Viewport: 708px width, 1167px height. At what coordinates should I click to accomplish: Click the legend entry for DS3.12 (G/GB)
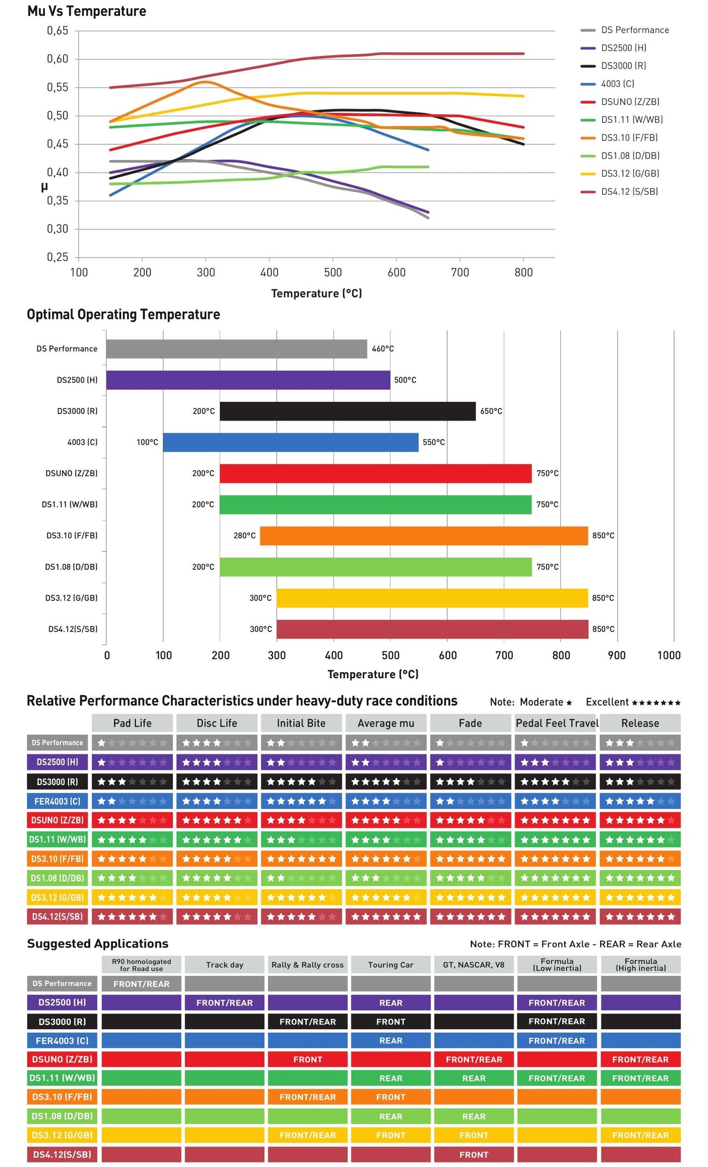629,174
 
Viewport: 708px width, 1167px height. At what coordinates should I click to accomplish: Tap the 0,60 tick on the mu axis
58,59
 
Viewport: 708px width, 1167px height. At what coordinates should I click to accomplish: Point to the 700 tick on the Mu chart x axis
460,272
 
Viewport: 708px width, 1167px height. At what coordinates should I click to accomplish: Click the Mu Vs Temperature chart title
87,11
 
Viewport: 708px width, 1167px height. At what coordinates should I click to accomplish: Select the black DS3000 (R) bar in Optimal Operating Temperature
347,411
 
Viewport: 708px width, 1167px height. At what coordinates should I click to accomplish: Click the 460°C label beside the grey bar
383,349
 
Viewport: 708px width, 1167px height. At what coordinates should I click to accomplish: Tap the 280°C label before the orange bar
244,536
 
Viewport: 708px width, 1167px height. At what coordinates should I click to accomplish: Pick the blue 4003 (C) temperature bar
290,442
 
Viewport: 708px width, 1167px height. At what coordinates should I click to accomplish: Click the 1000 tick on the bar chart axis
668,656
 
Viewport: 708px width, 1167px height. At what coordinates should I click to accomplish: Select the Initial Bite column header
301,723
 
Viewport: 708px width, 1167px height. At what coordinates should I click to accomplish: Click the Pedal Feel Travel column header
557,723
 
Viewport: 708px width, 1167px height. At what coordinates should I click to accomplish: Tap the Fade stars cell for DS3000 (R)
470,782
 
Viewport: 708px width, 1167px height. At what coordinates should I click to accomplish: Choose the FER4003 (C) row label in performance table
58,801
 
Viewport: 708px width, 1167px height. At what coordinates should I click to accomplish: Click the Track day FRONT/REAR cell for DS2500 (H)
225,1003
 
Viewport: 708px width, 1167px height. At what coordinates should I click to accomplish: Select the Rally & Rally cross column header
308,965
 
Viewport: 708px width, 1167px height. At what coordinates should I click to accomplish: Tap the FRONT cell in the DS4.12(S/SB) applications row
474,1155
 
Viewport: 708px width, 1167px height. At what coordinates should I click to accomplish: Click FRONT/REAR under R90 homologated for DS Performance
142,984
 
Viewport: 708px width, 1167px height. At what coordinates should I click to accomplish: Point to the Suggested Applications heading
97,944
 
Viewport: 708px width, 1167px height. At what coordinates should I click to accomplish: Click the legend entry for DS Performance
634,30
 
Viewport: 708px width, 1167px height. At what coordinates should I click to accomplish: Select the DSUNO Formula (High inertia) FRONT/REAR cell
641,1060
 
